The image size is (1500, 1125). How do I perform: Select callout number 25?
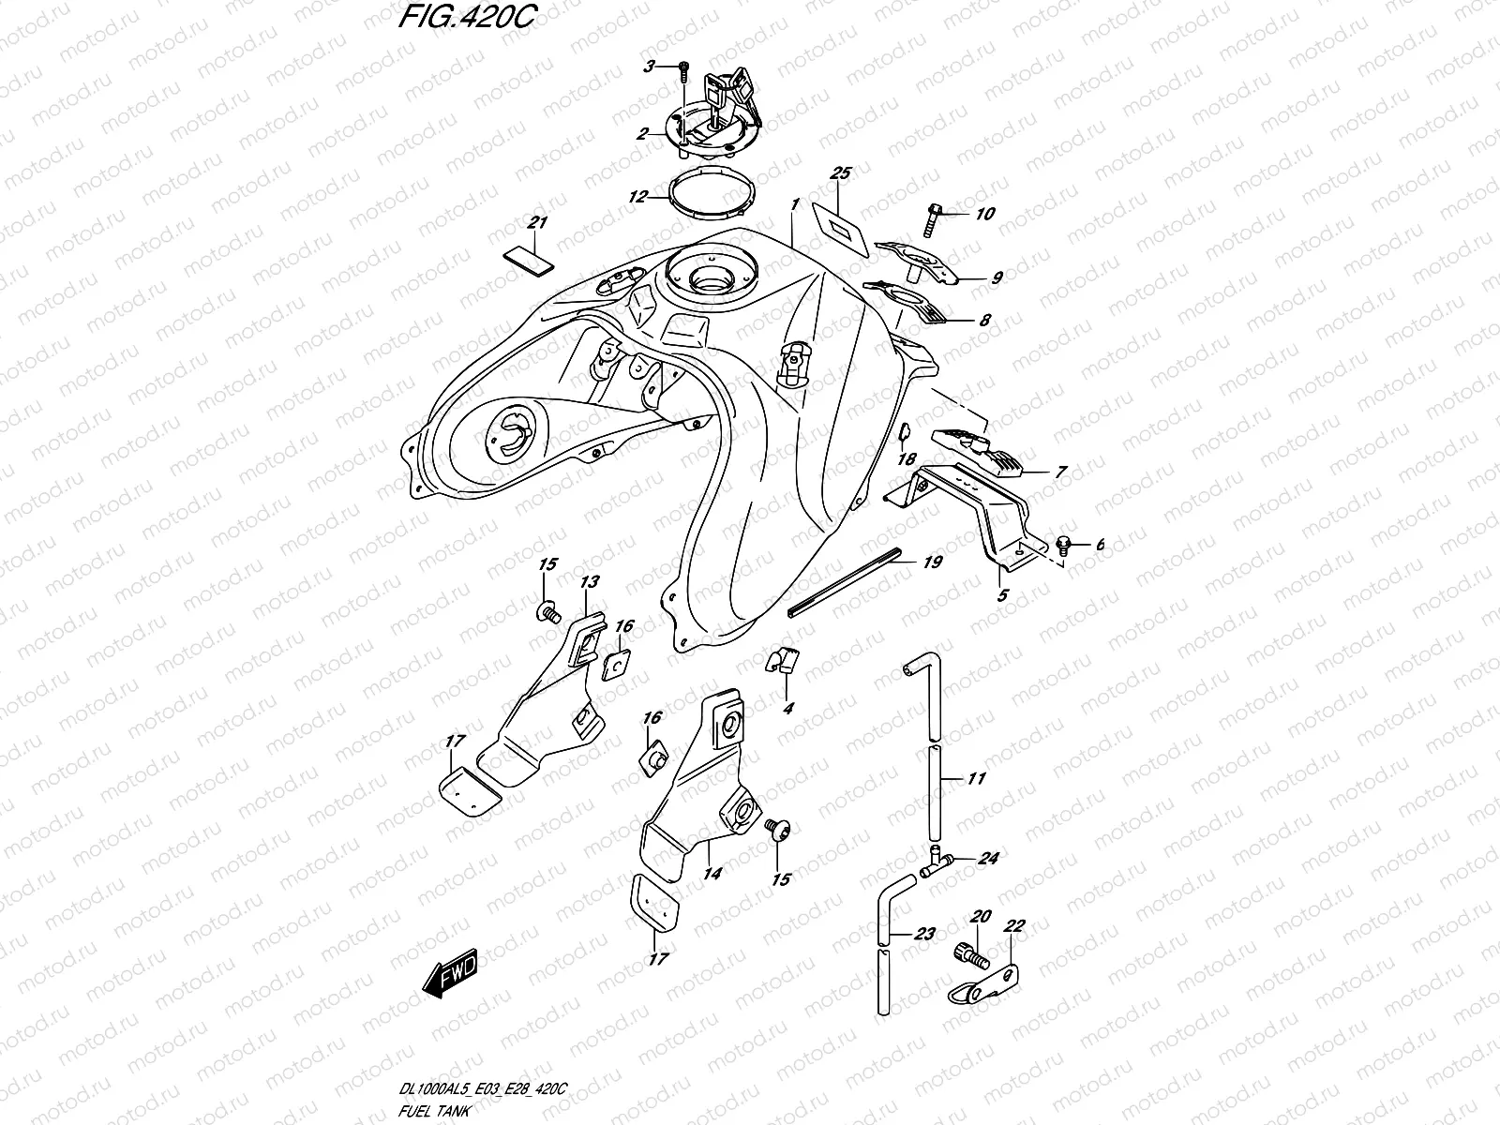(x=840, y=173)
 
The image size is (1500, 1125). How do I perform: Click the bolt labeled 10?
(x=940, y=216)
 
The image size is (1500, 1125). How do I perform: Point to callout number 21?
(x=536, y=223)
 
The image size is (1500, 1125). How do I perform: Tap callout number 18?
(x=907, y=459)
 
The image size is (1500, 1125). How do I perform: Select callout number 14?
(x=712, y=874)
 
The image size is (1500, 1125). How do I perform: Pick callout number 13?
(x=588, y=582)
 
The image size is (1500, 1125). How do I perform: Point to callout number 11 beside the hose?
(x=977, y=778)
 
